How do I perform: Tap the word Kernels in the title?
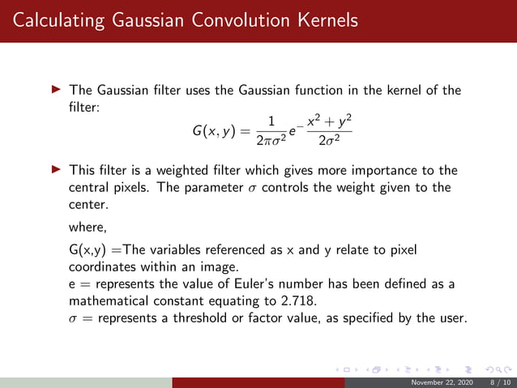pos(325,20)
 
